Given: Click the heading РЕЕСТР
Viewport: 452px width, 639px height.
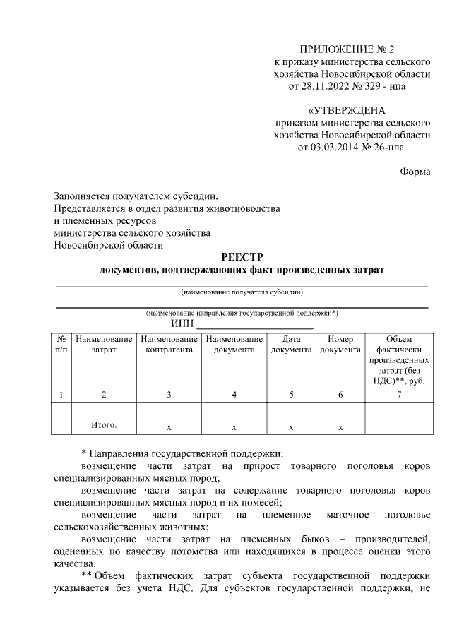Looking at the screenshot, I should point(242,258).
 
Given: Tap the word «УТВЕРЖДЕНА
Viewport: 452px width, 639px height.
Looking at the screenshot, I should point(347,111).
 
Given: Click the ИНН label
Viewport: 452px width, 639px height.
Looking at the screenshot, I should point(182,324).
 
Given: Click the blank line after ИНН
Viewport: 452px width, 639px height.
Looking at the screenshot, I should point(254,326).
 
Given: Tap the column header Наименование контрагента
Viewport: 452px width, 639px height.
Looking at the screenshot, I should point(169,344).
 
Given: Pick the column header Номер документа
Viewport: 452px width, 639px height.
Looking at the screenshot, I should point(340,344).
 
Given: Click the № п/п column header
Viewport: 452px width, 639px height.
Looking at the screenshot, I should point(62,344).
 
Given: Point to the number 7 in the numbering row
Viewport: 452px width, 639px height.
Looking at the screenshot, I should point(399,394).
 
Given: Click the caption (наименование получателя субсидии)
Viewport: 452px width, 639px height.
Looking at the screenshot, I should point(242,292).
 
